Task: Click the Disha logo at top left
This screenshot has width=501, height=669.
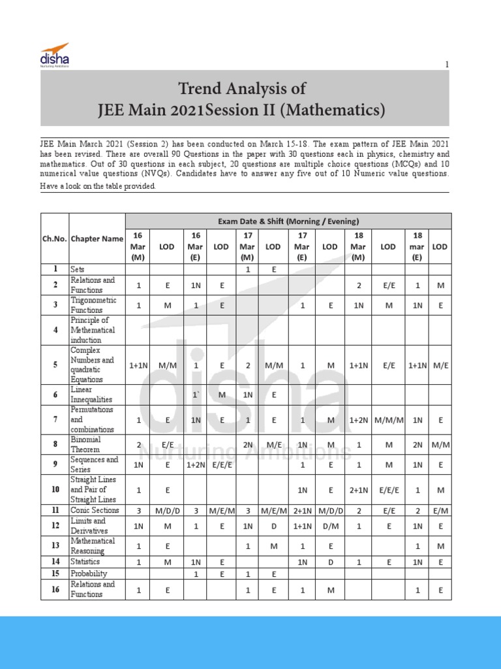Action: click(x=54, y=54)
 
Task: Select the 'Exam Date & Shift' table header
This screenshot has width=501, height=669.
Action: click(x=288, y=221)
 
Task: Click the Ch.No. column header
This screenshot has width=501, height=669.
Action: click(x=54, y=238)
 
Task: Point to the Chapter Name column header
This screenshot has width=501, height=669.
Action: click(x=97, y=238)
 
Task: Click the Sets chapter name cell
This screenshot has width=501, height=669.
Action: click(x=78, y=269)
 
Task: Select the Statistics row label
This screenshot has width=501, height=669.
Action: click(x=85, y=561)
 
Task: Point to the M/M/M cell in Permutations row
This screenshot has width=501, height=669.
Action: click(x=388, y=420)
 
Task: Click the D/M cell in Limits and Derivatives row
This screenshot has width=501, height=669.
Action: click(x=330, y=526)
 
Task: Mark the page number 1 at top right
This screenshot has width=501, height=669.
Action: click(x=447, y=64)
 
